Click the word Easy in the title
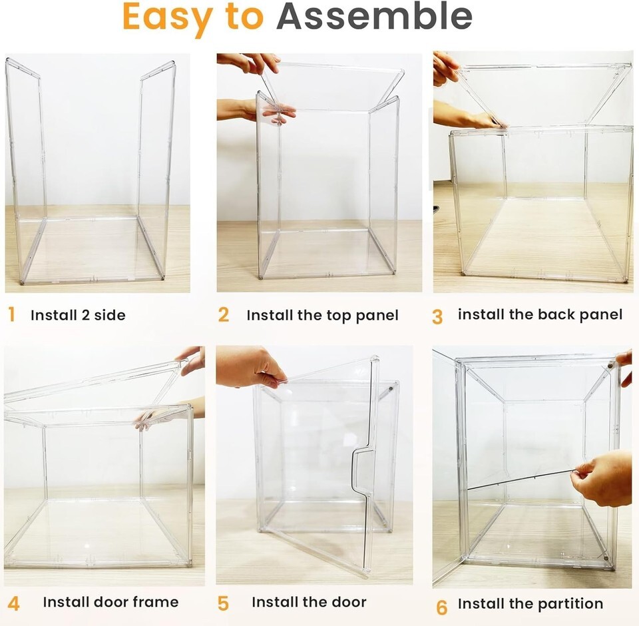tap(167, 17)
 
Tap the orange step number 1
tap(11, 314)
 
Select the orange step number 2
tap(224, 315)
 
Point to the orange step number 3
tap(437, 317)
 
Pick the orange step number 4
tap(13, 603)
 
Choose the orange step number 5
tap(224, 603)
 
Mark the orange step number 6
tap(442, 607)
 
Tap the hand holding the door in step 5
tap(250, 367)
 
